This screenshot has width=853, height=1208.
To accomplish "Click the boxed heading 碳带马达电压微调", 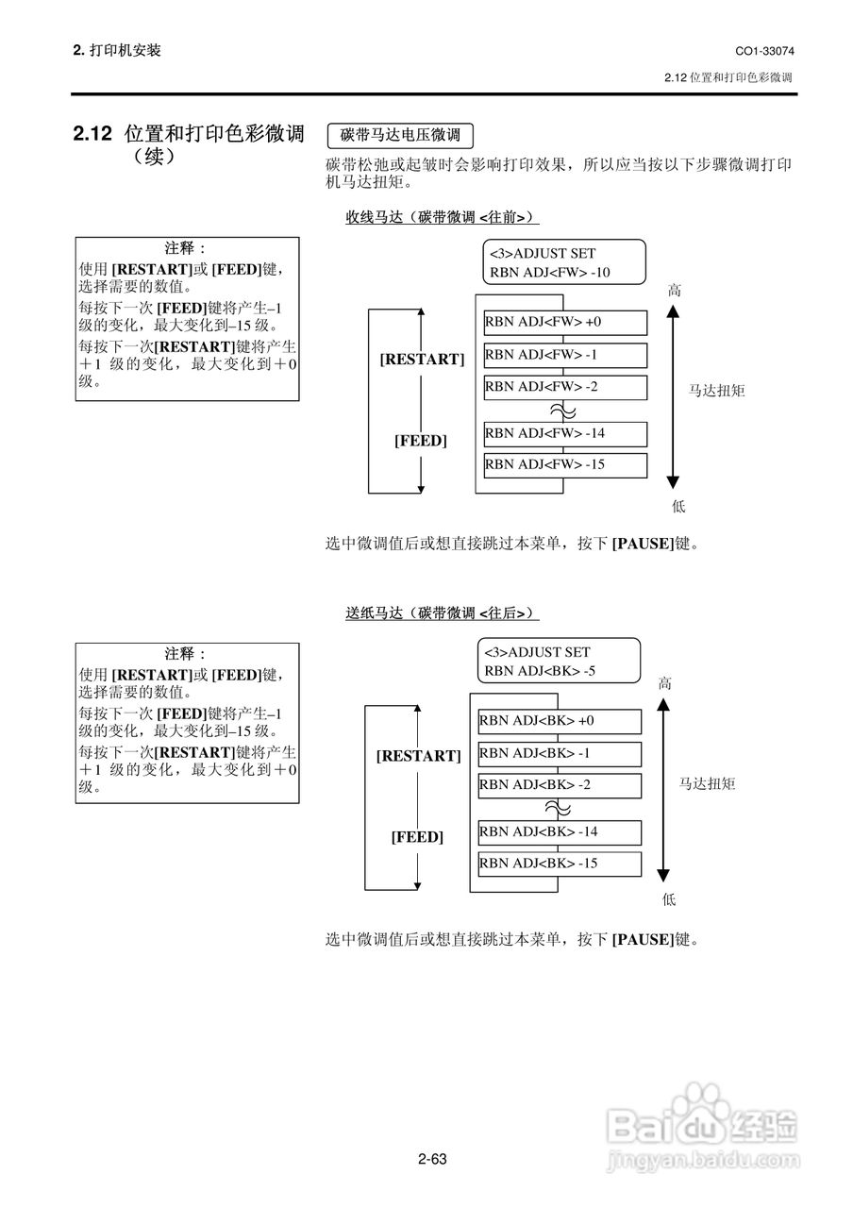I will pos(400,135).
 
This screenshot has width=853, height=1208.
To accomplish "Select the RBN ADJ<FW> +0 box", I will pos(565,323).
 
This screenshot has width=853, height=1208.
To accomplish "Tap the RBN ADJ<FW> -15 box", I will pos(565,464).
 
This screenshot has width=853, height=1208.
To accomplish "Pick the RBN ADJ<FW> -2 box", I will pos(565,387).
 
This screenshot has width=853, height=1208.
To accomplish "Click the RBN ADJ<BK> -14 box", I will pos(560,832).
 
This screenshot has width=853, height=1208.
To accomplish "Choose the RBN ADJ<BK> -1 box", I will pos(560,753).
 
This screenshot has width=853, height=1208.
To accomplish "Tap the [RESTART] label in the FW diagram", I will pos(422,360).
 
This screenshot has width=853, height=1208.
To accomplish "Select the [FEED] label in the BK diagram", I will pos(417,837).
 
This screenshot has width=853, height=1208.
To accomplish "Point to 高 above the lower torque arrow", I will pos(665,684).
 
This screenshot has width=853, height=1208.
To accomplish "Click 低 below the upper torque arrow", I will pos(678,507).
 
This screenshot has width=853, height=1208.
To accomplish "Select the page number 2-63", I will pos(431,1159).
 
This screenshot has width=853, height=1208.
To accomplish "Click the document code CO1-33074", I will pos(764,50).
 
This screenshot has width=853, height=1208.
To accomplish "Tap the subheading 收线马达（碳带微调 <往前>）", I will pos(442,218).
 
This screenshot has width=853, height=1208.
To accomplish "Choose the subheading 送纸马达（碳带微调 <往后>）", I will pos(442,613).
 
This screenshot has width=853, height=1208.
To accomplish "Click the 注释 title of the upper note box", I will pos(186,248).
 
